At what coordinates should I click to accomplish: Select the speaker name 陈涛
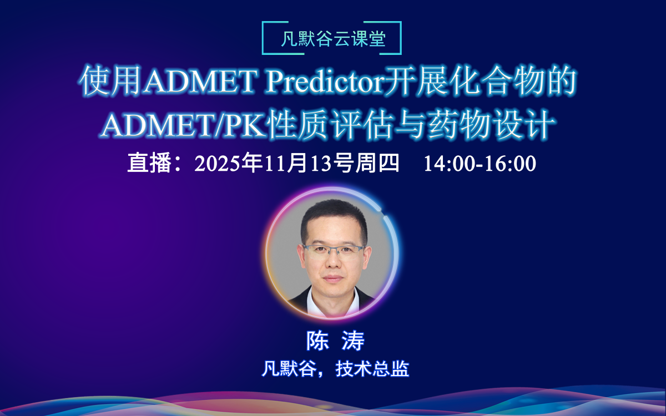click(335, 341)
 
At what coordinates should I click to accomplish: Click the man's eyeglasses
click(334, 249)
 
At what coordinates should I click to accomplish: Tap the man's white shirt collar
click(333, 300)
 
